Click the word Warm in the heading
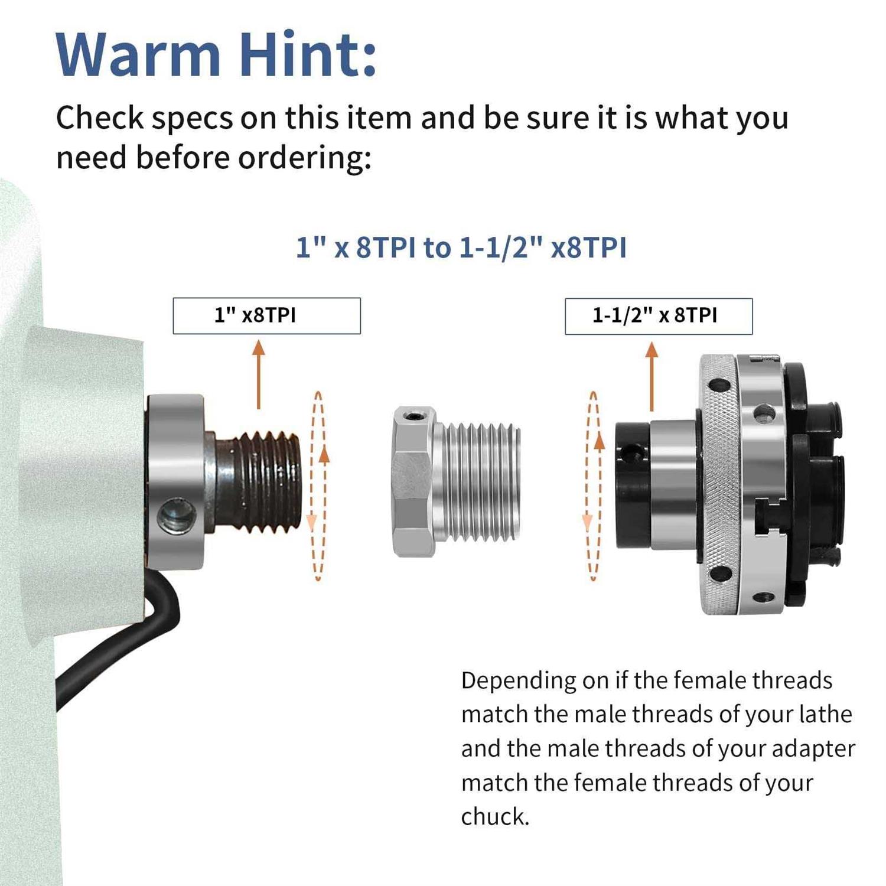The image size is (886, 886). pos(138,54)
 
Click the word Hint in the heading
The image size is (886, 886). pos(307,54)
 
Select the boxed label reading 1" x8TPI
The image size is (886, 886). pos(266,316)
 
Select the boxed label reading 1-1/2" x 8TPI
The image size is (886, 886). pos(659,316)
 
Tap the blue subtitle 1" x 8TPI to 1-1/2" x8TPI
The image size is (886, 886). pos(461,247)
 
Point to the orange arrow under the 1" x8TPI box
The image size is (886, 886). pos(258,374)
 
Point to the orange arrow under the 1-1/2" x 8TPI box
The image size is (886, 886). pos(652,376)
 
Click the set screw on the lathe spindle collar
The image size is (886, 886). pos(176,514)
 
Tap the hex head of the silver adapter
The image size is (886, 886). pos(414,481)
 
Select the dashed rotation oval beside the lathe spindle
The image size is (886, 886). pos(318,486)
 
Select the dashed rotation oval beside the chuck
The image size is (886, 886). pos(594,486)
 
